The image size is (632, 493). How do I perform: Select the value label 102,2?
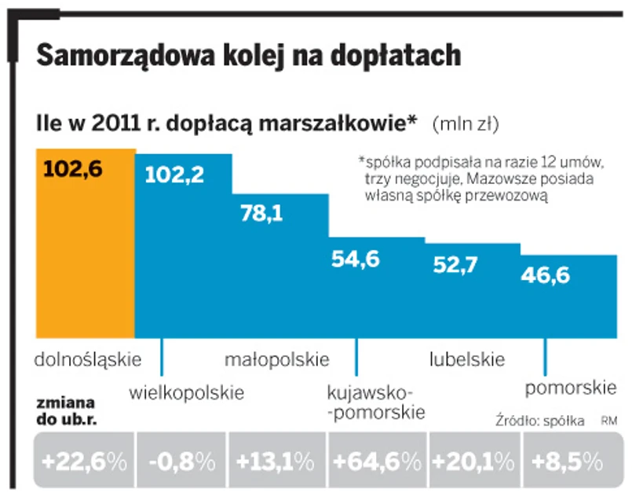(x=174, y=174)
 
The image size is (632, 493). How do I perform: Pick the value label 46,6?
(x=545, y=274)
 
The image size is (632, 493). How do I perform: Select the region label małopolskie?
(x=276, y=360)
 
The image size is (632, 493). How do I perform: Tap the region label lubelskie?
(x=467, y=360)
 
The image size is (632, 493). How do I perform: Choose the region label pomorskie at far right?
(x=569, y=388)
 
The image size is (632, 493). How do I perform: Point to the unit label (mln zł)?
(x=466, y=123)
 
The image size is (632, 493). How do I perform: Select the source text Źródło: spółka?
(x=540, y=421)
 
